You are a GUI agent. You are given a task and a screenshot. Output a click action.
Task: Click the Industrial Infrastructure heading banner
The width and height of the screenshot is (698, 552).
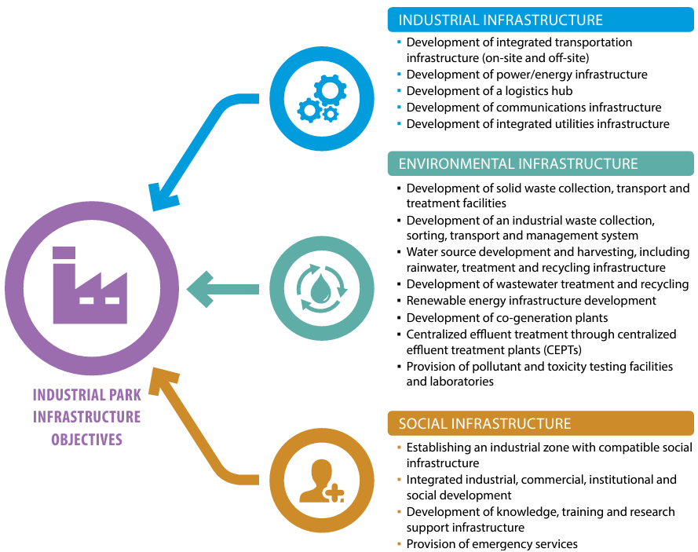541,20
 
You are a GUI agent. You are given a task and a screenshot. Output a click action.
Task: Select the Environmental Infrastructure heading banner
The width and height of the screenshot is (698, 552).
541,163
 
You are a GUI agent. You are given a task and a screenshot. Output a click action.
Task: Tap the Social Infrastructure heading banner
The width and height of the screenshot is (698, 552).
541,423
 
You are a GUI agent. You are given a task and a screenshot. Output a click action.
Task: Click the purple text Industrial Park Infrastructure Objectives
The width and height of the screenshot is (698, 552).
86,417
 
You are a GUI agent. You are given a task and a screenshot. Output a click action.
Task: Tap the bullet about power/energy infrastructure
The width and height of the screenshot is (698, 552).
526,75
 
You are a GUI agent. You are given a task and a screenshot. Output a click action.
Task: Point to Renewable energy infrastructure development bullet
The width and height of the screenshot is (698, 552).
531,301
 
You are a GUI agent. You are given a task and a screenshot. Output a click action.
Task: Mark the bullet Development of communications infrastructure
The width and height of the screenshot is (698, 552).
533,108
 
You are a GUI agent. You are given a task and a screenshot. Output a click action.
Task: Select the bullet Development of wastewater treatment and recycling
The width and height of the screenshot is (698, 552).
547,284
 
